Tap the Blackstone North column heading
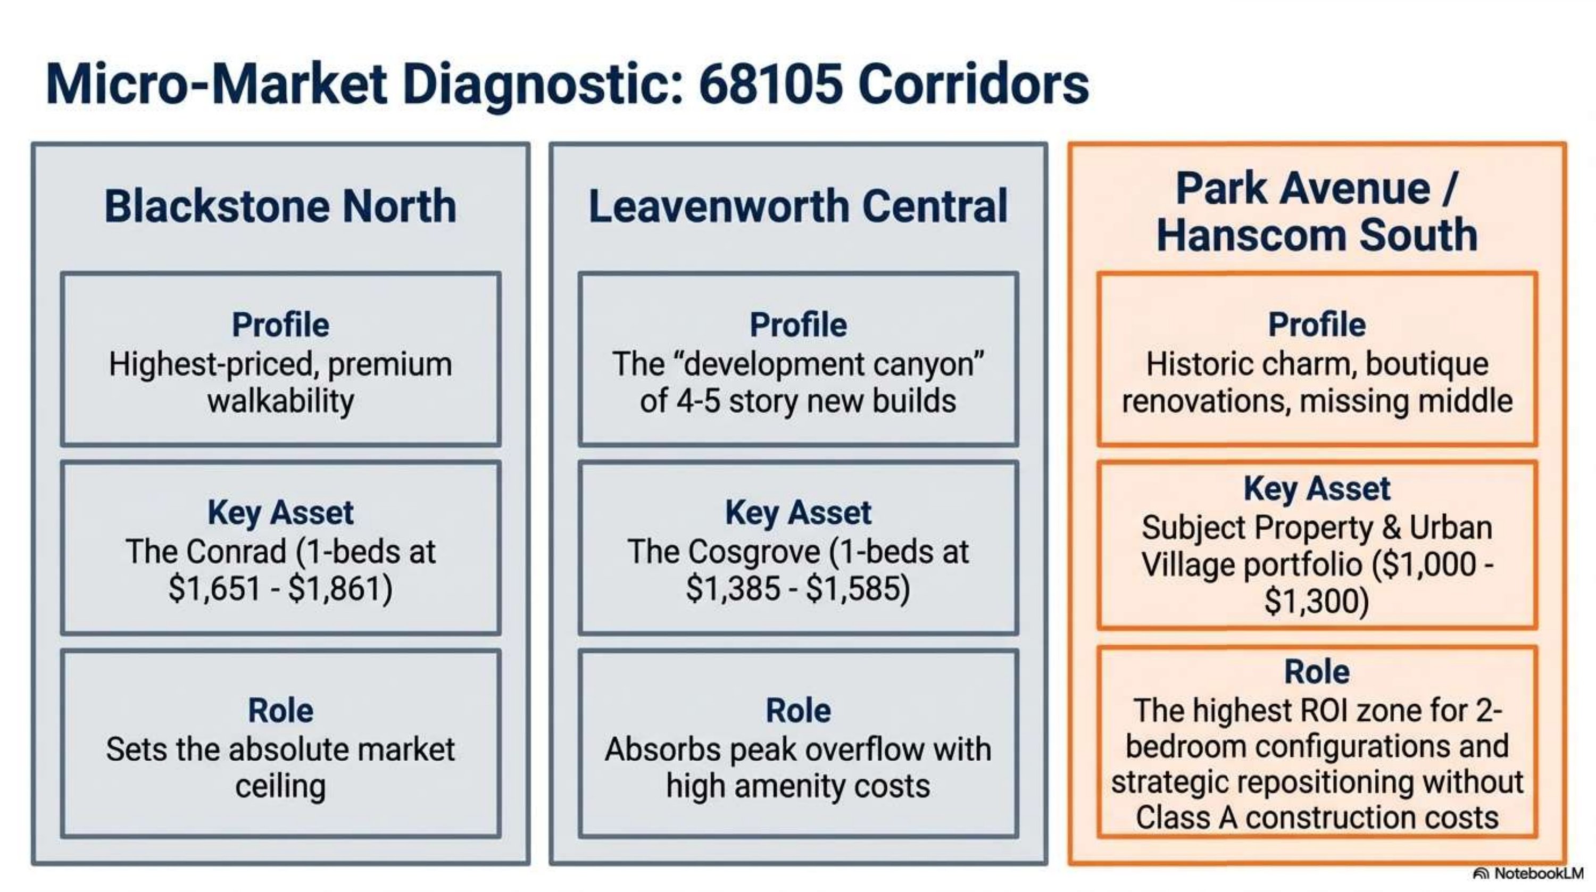[281, 206]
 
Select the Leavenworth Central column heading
[798, 206]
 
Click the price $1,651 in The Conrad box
[214, 588]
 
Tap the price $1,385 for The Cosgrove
[733, 588]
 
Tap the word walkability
[281, 402]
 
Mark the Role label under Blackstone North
[281, 711]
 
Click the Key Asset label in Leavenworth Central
[798, 513]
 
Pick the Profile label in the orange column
[1317, 324]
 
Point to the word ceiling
[281, 787]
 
